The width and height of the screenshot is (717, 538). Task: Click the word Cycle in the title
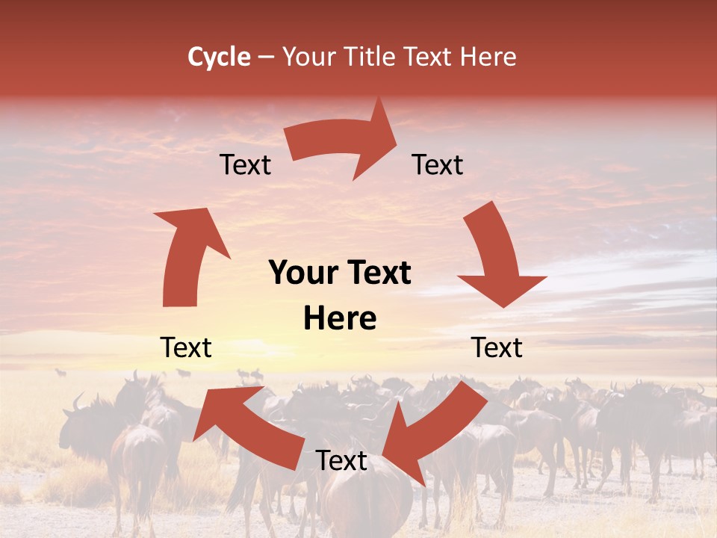click(219, 57)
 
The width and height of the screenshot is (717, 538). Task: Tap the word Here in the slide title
click(487, 57)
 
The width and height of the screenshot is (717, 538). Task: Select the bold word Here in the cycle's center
click(340, 319)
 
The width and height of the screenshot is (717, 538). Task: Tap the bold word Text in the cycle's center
click(379, 273)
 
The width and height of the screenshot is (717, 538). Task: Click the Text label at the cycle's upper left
click(245, 164)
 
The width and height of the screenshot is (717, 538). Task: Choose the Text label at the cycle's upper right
click(438, 164)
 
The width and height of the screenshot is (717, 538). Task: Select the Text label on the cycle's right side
click(497, 347)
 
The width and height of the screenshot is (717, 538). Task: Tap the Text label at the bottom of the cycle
click(341, 461)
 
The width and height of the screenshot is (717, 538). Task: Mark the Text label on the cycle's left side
click(186, 347)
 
